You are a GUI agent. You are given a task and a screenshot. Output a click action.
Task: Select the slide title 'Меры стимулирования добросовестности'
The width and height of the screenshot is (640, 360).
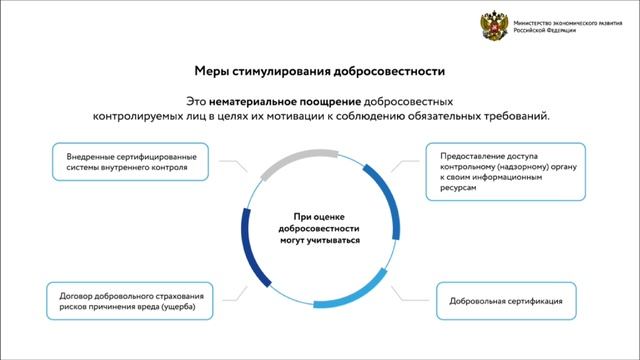pos(319,73)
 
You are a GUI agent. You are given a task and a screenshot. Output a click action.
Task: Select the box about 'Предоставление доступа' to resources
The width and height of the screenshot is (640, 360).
pos(501,176)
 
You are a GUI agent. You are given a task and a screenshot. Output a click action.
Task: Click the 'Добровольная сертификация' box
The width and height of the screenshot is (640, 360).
pos(513,299)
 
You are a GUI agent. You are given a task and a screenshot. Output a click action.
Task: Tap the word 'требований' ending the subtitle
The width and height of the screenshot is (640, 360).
pos(515,117)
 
